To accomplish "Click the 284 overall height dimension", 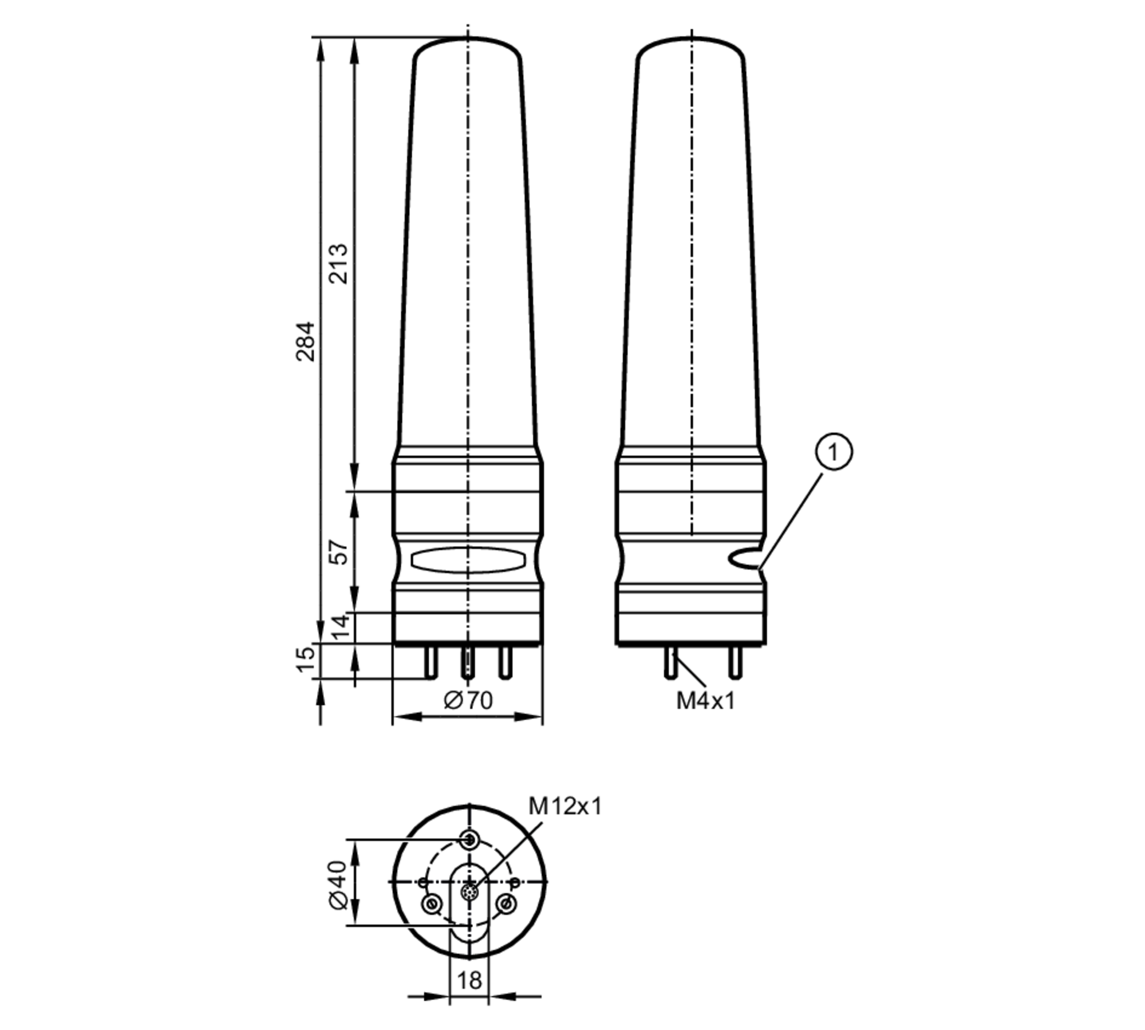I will (306, 341).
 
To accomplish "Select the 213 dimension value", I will (338, 263).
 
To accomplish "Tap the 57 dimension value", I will (340, 552).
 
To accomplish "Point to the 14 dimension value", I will (340, 626).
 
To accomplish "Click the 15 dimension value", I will (306, 660).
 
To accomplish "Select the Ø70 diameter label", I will (468, 700).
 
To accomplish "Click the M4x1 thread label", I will (705, 700).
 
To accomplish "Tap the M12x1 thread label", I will (565, 806).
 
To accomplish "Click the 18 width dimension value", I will (469, 980).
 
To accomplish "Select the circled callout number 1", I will (834, 452).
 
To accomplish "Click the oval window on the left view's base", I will (468, 559).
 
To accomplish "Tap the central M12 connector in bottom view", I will (469, 891).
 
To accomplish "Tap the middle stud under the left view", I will (468, 662).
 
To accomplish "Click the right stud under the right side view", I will (735, 662).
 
